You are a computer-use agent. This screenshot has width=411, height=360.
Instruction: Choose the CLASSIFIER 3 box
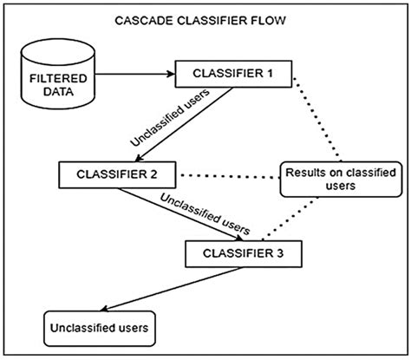[245, 254]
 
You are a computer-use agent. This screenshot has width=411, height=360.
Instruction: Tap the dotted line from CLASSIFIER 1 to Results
[320, 121]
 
